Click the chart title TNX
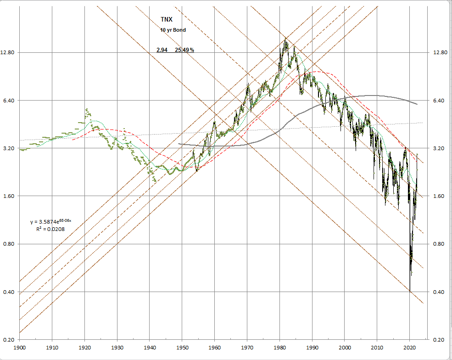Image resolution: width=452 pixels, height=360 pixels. tap(167, 19)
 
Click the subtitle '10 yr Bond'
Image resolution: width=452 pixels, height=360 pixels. tap(173, 30)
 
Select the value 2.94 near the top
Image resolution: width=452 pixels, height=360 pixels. tap(162, 50)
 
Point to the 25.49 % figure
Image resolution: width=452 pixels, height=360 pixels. tap(184, 50)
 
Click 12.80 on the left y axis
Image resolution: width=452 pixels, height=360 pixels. tap(9, 53)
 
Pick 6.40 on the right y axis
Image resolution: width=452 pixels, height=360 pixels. tap(440, 101)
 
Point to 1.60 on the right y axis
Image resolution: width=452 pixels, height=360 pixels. tap(440, 196)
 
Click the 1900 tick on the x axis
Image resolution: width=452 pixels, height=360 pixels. tap(20, 347)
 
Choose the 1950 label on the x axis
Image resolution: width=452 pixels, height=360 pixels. tap(182, 347)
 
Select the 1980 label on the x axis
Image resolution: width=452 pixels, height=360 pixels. tap(280, 347)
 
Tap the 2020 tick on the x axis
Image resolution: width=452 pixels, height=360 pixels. tap(410, 347)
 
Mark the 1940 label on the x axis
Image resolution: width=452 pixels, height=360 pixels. tap(150, 347)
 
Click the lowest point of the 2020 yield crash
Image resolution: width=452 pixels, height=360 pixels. tap(410, 291)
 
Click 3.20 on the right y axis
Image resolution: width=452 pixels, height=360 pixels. tap(440, 148)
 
